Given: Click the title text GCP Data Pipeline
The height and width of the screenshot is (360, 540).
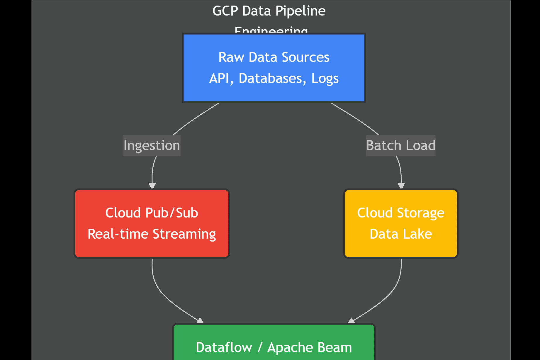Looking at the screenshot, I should pos(269,11).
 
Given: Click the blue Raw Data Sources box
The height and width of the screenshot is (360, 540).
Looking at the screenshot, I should pos(274,68).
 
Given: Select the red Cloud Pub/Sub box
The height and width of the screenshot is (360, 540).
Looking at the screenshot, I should pos(152,223).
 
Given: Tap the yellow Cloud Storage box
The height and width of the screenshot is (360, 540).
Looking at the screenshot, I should pos(400,223).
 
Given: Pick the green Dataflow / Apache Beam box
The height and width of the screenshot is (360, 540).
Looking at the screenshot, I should pos(274,343).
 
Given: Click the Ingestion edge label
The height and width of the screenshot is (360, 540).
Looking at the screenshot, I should pos(152,145).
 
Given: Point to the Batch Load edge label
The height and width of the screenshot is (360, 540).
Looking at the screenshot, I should pos(400,145).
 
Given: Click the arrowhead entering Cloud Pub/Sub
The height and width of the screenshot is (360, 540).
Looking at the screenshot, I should pos(152,185).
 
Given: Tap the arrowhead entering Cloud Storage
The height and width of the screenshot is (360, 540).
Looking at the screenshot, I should pos(401,185).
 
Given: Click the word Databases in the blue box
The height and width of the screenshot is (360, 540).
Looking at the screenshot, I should pos(270,78).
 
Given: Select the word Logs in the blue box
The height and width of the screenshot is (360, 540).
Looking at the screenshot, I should pos(325,78).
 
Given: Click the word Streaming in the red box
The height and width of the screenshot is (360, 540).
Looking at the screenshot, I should pos(184,234).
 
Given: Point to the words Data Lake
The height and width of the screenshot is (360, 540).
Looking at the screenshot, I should pos(400,234).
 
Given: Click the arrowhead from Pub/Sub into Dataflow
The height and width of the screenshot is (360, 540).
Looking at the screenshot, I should pos(201,321).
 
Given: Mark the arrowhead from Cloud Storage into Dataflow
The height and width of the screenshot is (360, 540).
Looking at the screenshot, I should pos(351,321).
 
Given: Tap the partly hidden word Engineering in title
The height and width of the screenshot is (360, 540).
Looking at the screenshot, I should pos(271,30).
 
